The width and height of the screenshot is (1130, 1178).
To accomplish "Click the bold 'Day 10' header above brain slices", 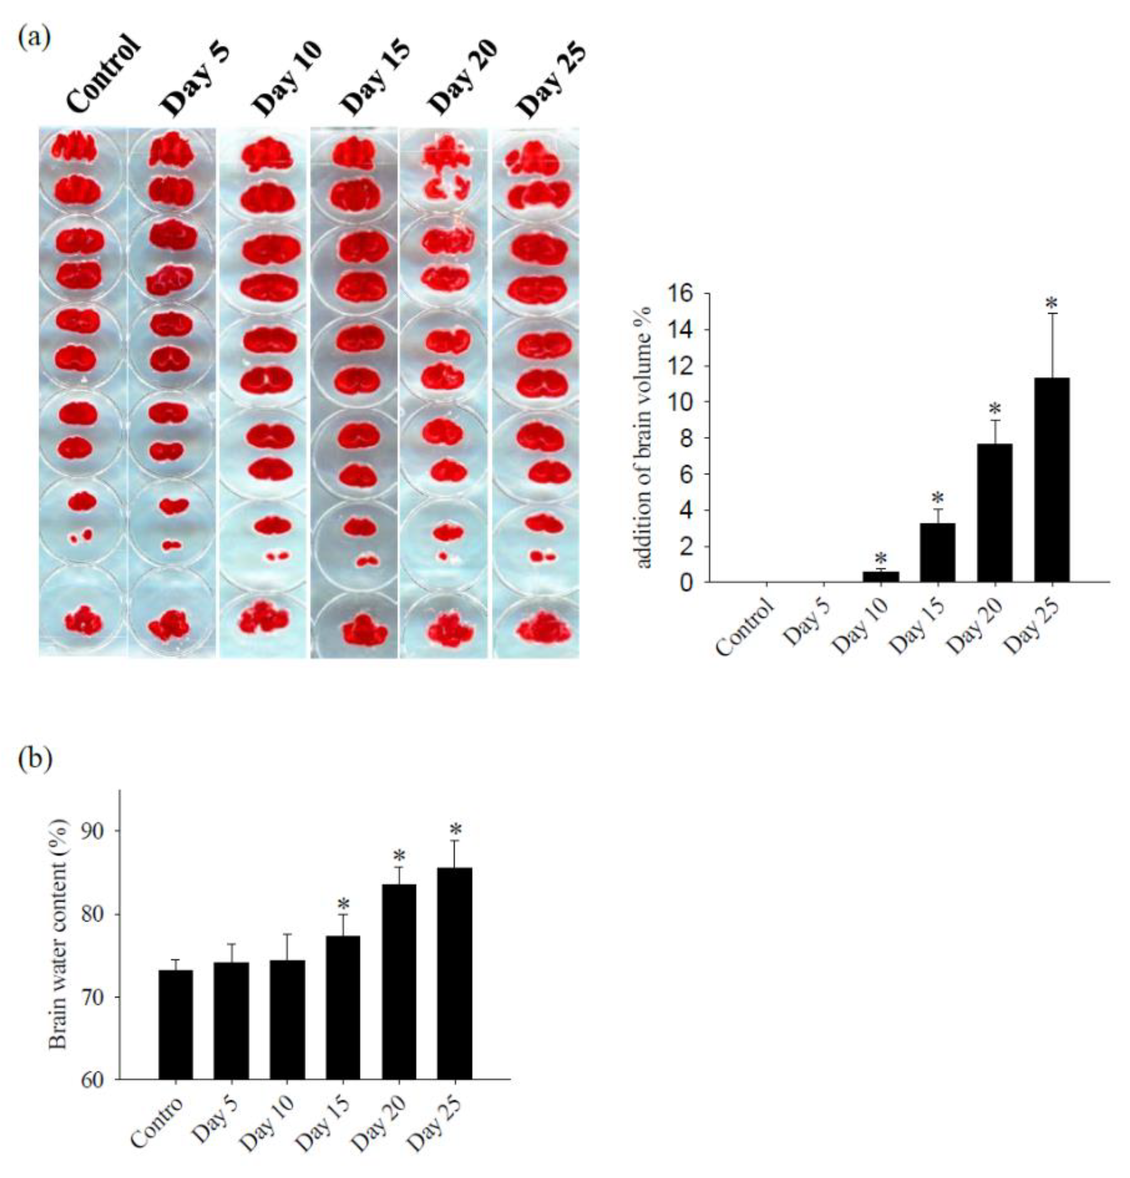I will coord(288,78).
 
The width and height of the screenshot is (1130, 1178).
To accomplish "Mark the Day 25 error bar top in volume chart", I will coord(1052,314).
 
